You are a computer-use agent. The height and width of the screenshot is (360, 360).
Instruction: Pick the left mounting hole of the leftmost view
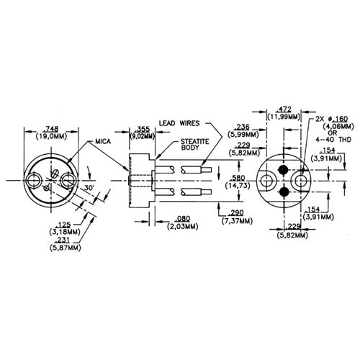click(x=35, y=180)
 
